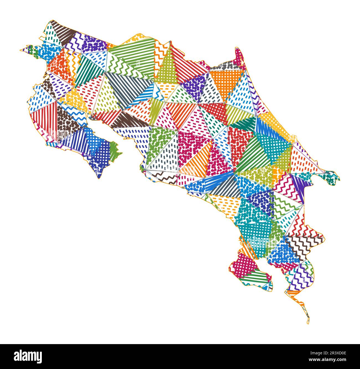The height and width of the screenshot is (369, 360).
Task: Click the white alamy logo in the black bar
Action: pyautogui.click(x=28, y=356)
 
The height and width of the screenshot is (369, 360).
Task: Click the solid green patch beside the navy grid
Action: pyautogui.click(x=114, y=151)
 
